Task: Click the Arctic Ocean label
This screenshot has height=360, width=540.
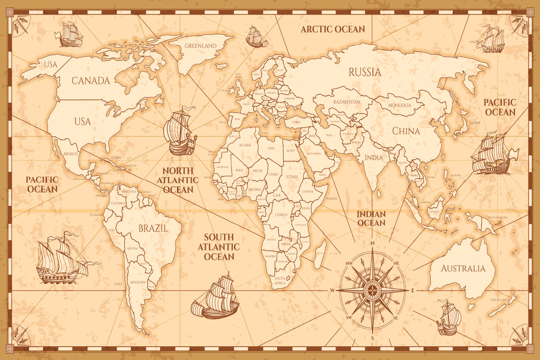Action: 333,29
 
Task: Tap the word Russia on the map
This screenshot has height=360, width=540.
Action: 365,72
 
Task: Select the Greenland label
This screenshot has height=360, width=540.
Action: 200,46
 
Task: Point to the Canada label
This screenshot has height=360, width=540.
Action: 91,80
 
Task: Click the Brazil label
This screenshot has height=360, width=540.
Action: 153,228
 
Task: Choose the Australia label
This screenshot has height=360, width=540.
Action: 463,268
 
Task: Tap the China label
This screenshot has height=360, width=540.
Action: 406,131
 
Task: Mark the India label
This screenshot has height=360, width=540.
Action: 374,158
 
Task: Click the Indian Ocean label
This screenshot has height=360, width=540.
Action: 371,218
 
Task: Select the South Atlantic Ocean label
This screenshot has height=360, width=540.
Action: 219,247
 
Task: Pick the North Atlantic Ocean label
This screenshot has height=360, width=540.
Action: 178,180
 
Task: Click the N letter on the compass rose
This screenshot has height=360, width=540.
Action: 372,243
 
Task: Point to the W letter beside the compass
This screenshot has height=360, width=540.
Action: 332,291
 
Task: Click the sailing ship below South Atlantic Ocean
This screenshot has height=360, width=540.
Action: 215,297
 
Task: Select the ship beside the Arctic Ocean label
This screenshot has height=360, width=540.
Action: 256,37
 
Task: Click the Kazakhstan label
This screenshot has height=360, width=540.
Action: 347,102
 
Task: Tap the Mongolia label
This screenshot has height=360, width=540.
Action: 399,105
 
